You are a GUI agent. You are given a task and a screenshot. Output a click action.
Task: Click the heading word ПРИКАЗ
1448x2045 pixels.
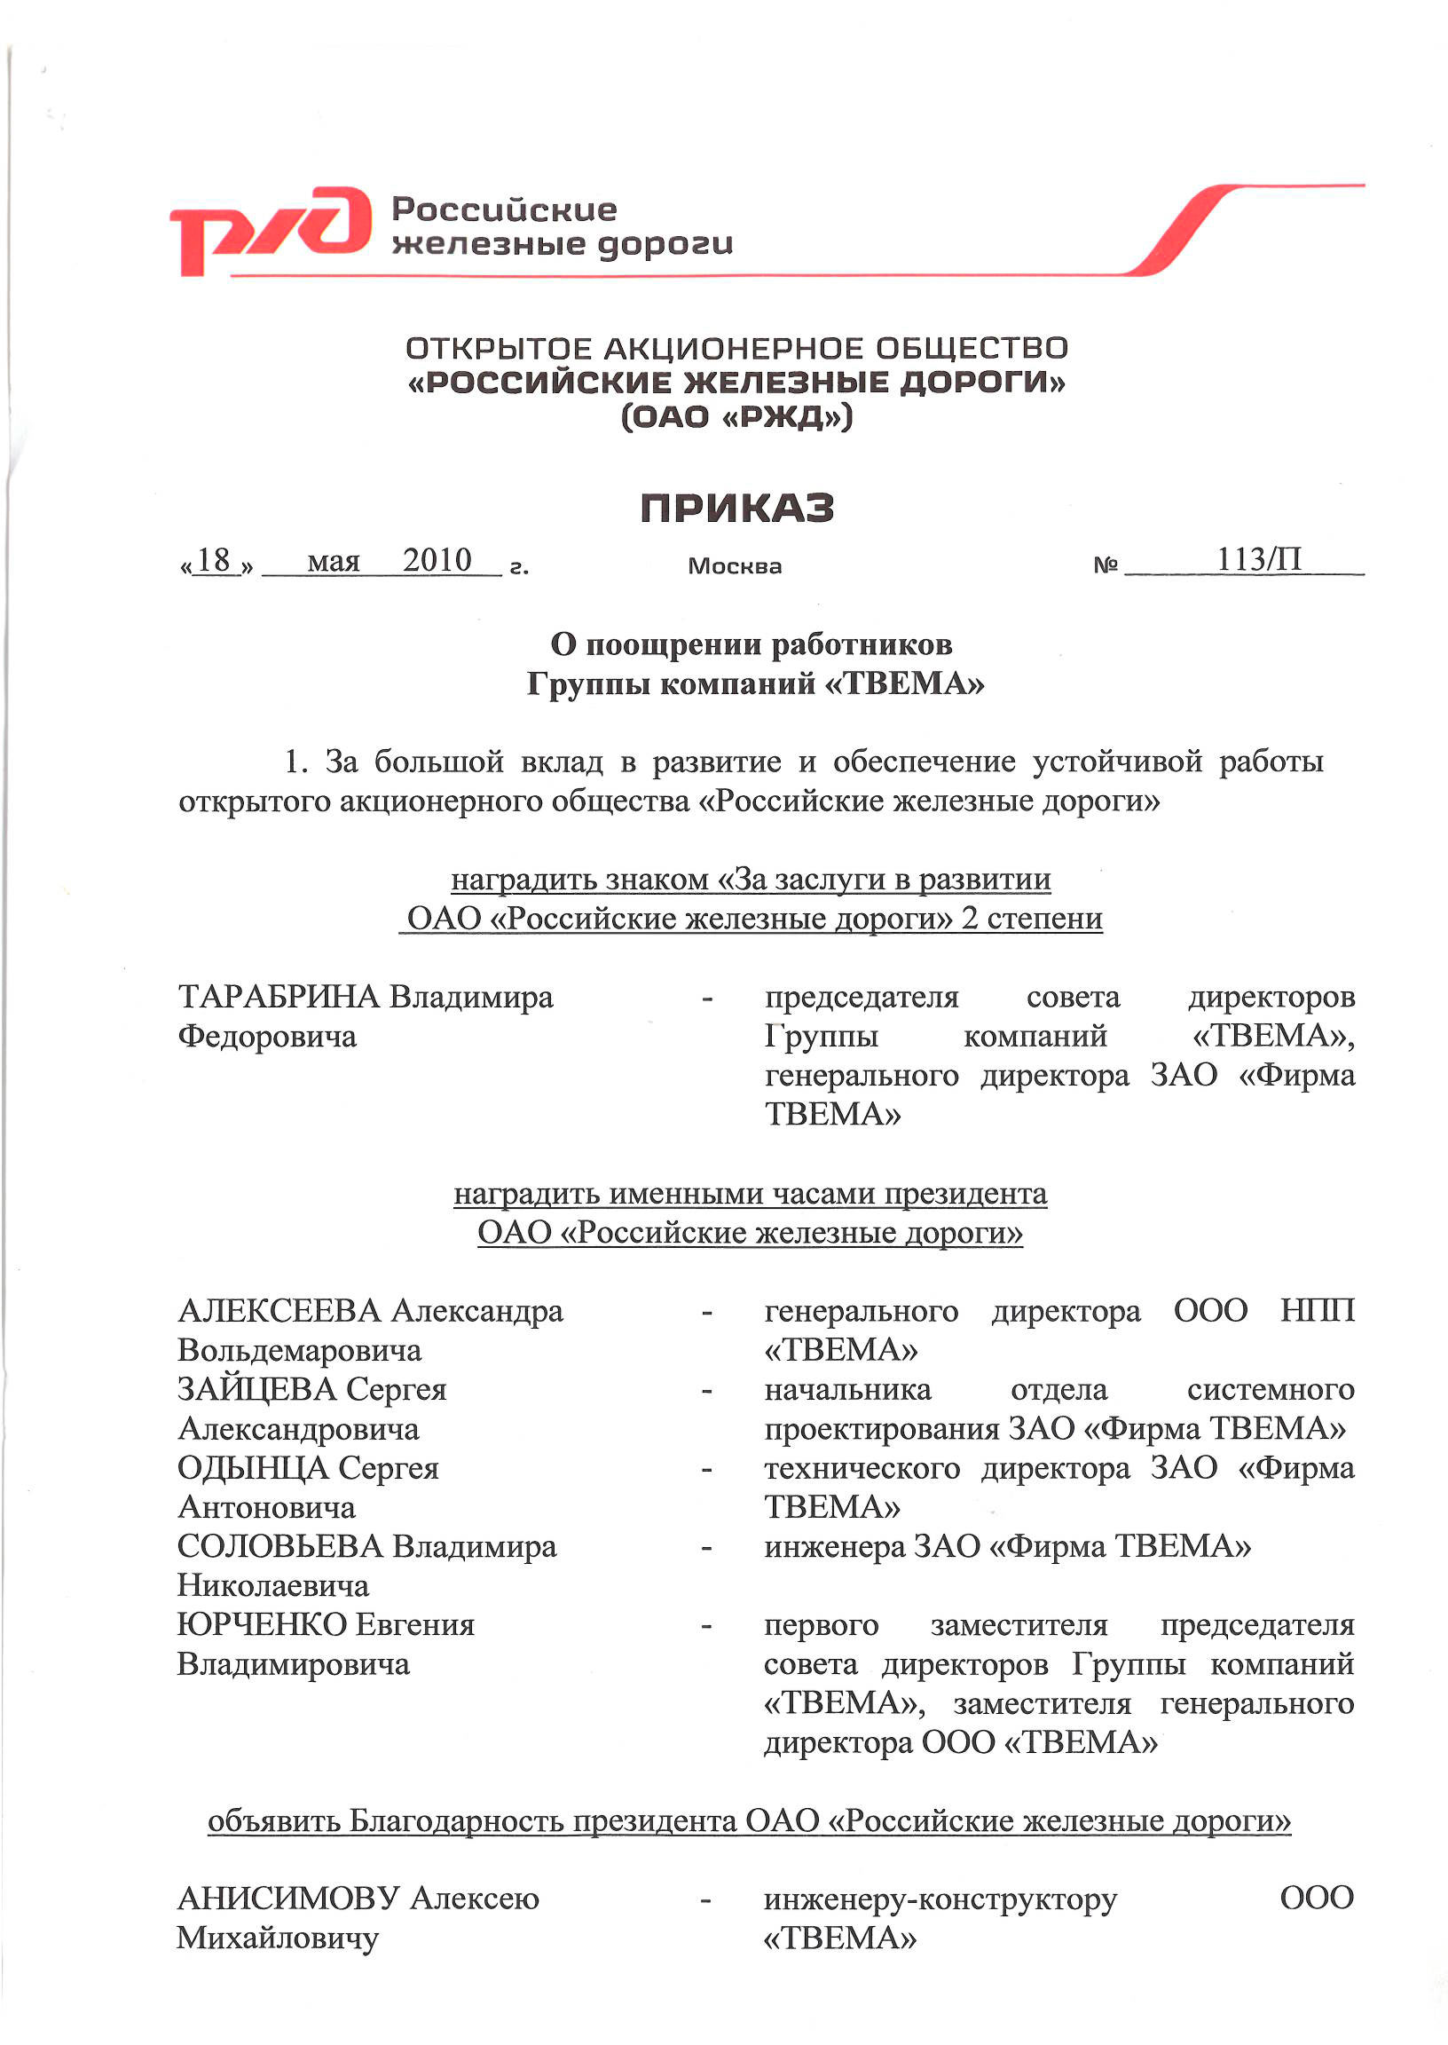(736, 509)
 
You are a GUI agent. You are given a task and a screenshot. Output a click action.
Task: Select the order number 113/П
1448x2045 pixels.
(1259, 560)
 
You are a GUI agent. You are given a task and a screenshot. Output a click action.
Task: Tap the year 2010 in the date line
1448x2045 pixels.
(437, 561)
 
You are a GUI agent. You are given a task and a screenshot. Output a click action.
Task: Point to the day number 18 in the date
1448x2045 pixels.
(214, 561)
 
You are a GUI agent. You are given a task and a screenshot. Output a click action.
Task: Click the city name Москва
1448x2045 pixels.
(735, 566)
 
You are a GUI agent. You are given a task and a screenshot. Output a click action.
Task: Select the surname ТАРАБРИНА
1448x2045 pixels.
(279, 997)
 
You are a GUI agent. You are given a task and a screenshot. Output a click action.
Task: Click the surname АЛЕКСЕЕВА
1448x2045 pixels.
(280, 1311)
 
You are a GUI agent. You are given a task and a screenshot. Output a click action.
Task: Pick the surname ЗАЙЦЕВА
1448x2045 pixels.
(256, 1389)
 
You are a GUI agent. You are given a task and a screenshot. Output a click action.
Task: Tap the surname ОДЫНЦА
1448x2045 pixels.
(253, 1468)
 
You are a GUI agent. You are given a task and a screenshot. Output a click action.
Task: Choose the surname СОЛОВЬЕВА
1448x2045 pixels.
(280, 1546)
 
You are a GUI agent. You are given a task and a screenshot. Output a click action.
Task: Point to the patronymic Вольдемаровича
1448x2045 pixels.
(300, 1350)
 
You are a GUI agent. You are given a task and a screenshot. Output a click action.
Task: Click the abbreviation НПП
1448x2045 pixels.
(1317, 1311)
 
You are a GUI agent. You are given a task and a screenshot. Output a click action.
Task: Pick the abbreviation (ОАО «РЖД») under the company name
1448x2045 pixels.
(736, 416)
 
